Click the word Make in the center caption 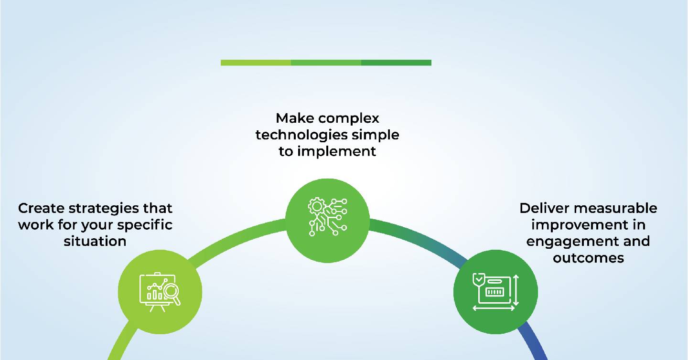pyautogui.click(x=295, y=118)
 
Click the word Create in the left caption pyautogui.click(x=41, y=208)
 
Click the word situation pyautogui.click(x=95, y=242)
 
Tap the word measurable pyautogui.click(x=615, y=208)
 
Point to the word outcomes pyautogui.click(x=588, y=258)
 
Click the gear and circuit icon pyautogui.click(x=327, y=216)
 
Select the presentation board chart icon pyautogui.click(x=160, y=292)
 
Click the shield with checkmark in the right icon pyautogui.click(x=479, y=279)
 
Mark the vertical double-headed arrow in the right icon pyautogui.click(x=516, y=290)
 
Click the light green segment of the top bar pyautogui.click(x=256, y=63)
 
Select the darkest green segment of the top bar pyautogui.click(x=396, y=63)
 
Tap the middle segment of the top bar pyautogui.click(x=326, y=63)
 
